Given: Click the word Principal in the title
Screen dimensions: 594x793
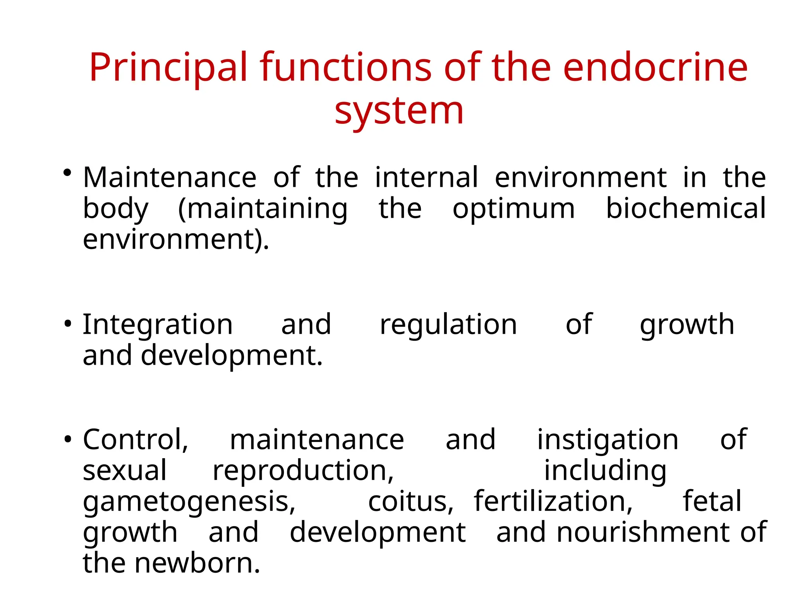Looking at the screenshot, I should [x=168, y=68].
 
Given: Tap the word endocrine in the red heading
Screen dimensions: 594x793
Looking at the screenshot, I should [x=655, y=68].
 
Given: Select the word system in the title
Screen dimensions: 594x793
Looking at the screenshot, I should [x=399, y=111].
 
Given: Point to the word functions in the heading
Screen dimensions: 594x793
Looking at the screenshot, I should [x=345, y=68].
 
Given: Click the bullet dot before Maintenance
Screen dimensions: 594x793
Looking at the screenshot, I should [x=68, y=173].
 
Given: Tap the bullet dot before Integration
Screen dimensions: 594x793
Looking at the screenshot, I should [x=68, y=324].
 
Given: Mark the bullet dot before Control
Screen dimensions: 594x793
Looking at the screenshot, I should [x=68, y=439].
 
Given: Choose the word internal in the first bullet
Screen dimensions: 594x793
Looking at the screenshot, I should [x=426, y=178].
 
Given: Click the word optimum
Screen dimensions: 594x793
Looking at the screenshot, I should [x=513, y=209].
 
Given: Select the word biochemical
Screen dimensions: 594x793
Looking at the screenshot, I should [x=686, y=209].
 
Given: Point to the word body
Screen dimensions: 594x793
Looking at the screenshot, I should [x=115, y=209].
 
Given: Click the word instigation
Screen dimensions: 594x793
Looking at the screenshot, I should [x=608, y=440].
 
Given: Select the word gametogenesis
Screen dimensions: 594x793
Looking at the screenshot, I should [x=189, y=502].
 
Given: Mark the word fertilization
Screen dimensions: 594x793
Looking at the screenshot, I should [x=553, y=502].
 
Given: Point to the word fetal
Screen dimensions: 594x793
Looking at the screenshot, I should [x=712, y=502].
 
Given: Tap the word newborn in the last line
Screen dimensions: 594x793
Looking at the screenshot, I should [x=197, y=563].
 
